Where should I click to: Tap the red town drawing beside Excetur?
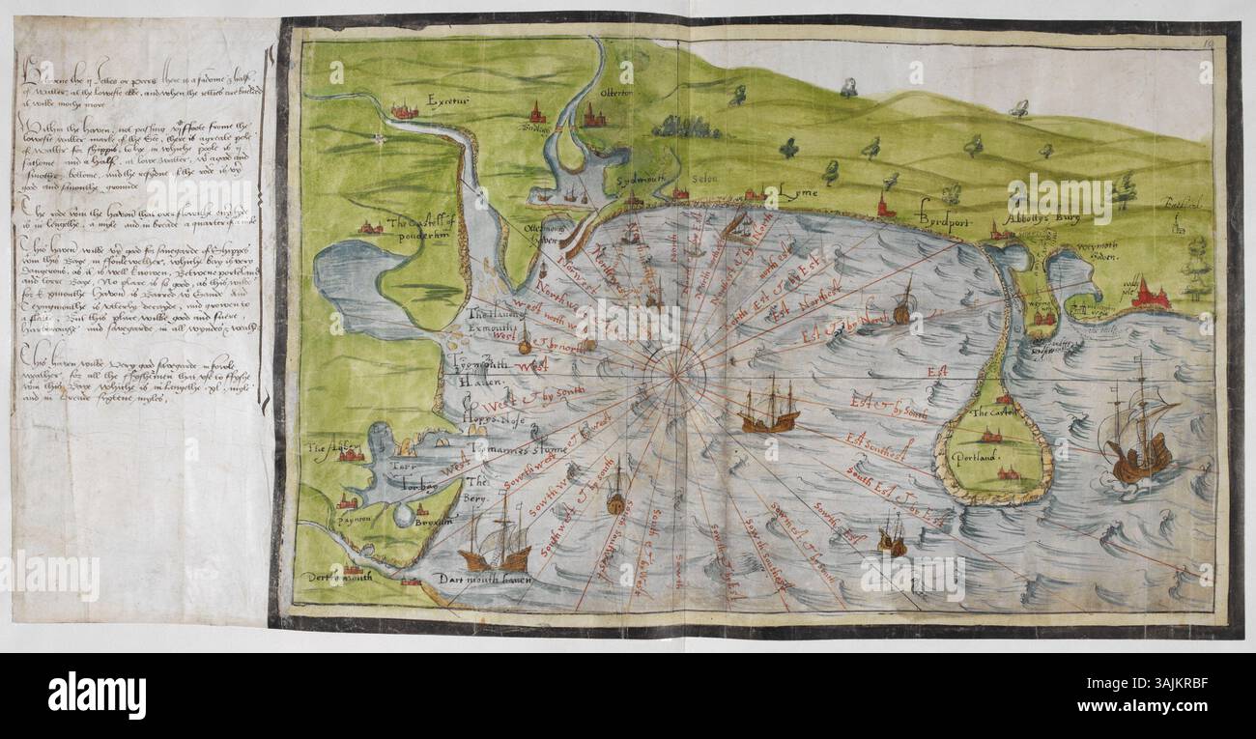pyautogui.click(x=404, y=112)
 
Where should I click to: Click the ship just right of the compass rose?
pyautogui.click(x=770, y=406)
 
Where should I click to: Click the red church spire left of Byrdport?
pyautogui.click(x=883, y=205)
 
